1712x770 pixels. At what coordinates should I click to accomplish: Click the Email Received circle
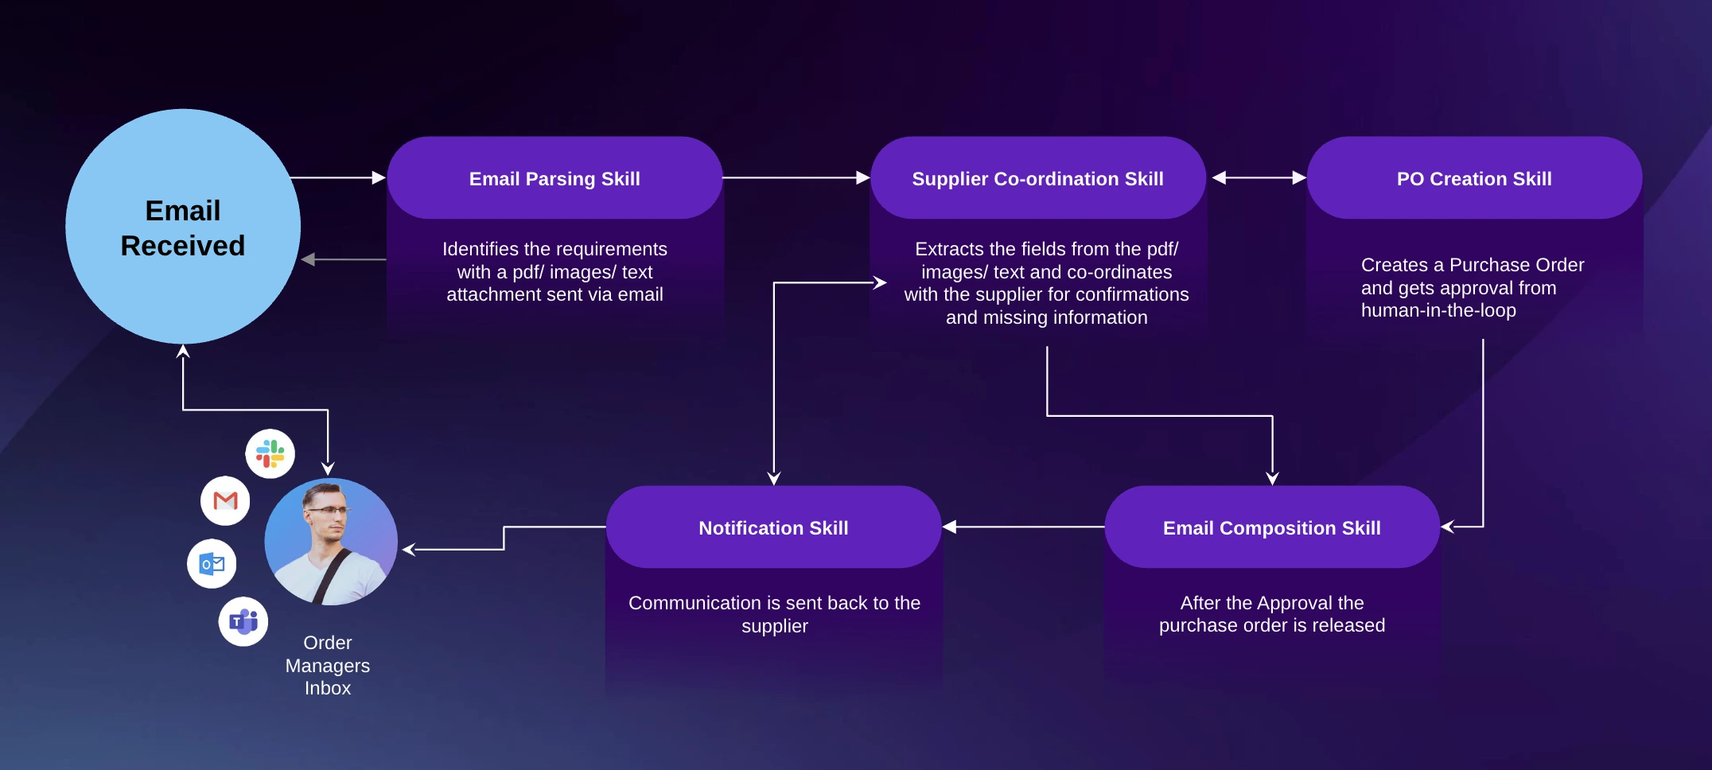pyautogui.click(x=183, y=227)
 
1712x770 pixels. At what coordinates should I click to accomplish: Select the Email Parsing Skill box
pyautogui.click(x=554, y=178)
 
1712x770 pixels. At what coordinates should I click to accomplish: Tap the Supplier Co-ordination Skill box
pyautogui.click(x=1038, y=178)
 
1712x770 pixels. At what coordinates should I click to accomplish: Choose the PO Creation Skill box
pyautogui.click(x=1474, y=178)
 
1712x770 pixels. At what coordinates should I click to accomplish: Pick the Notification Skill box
pyautogui.click(x=773, y=527)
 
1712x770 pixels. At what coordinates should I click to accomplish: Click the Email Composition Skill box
pyautogui.click(x=1272, y=527)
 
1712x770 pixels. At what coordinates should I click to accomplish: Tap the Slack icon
pyautogui.click(x=270, y=454)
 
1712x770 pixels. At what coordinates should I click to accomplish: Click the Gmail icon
pyautogui.click(x=225, y=501)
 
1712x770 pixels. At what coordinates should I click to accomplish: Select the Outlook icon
pyautogui.click(x=212, y=564)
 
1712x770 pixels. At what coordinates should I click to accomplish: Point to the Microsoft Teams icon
pyautogui.click(x=243, y=621)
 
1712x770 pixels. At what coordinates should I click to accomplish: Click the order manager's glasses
pyautogui.click(x=328, y=511)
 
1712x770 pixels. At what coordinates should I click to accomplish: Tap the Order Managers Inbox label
pyautogui.click(x=328, y=665)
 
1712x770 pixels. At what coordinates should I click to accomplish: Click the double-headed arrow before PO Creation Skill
pyautogui.click(x=1259, y=178)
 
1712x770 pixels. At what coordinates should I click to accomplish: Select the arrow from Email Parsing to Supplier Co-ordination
pyautogui.click(x=796, y=178)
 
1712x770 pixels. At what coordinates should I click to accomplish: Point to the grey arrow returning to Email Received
pyautogui.click(x=344, y=259)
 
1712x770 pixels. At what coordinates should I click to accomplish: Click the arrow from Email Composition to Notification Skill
pyautogui.click(x=1023, y=527)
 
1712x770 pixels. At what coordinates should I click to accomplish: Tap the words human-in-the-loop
pyautogui.click(x=1438, y=310)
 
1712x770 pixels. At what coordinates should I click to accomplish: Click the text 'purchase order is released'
pyautogui.click(x=1272, y=625)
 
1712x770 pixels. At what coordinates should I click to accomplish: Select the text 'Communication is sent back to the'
pyautogui.click(x=774, y=603)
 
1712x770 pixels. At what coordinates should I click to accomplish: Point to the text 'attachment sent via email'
pyautogui.click(x=554, y=294)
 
